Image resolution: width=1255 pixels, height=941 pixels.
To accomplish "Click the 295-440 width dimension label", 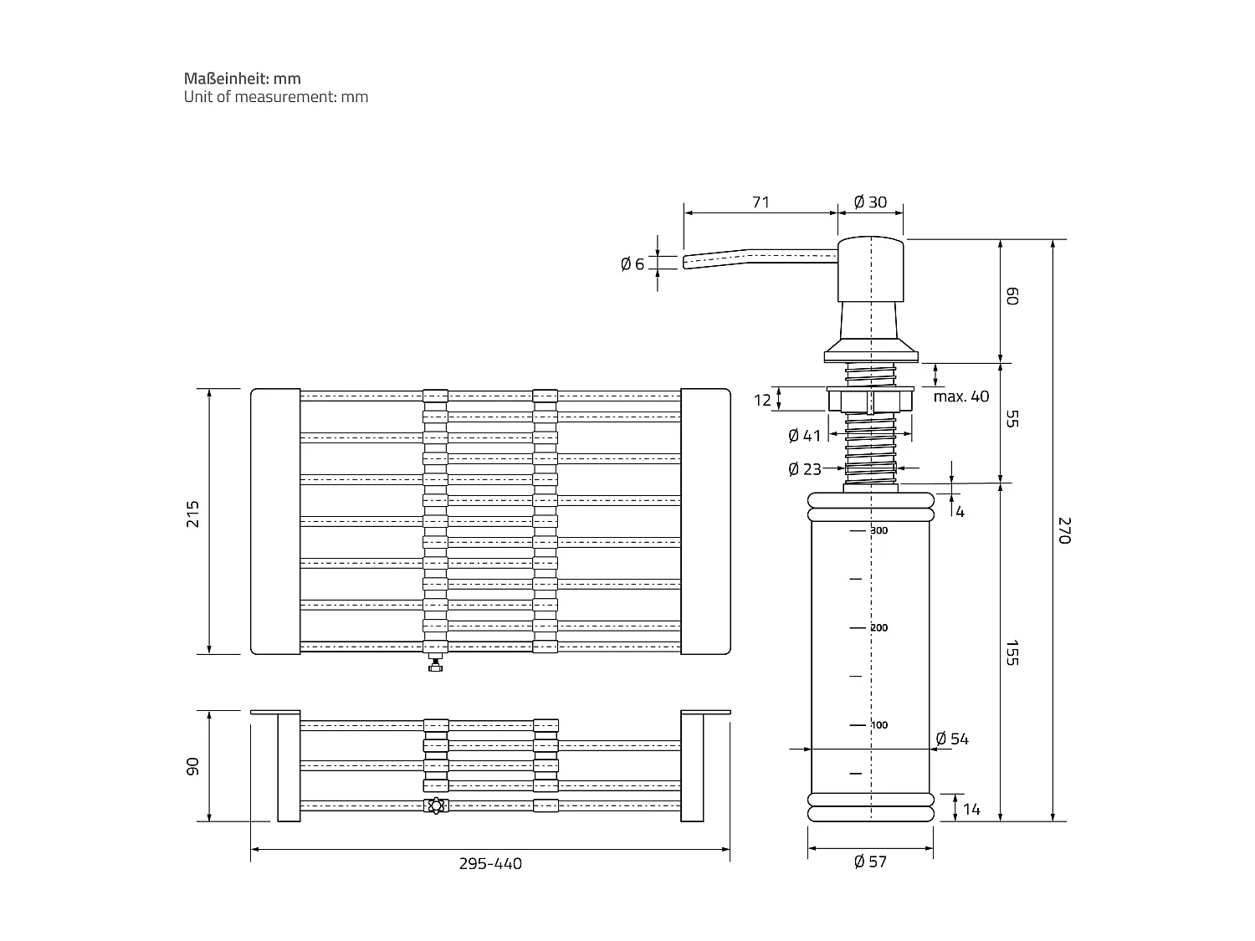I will (489, 863).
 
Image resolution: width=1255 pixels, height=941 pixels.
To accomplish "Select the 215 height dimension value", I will (194, 513).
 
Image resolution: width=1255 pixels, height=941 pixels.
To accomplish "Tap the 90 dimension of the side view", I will (194, 766).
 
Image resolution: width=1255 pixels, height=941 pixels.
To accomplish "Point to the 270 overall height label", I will (1064, 530).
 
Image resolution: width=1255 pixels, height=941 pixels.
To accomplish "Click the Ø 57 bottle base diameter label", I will (870, 862).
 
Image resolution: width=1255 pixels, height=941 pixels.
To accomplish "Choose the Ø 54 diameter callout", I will (952, 739).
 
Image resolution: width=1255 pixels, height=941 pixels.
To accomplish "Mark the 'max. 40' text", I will (960, 396).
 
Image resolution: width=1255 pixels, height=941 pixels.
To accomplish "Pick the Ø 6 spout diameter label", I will (633, 264).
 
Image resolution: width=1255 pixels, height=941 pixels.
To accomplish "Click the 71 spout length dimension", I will (760, 202).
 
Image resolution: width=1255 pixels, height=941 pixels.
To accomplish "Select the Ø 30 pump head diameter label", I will (870, 202).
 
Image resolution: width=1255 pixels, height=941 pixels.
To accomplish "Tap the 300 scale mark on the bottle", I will (878, 530).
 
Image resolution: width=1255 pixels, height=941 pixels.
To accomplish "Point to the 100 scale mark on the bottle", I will (878, 725).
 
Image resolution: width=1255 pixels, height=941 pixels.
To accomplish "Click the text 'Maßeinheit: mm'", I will (243, 79).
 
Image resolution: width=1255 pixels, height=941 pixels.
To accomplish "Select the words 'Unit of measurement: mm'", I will (276, 97).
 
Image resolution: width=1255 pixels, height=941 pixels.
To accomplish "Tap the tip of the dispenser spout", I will (687, 262).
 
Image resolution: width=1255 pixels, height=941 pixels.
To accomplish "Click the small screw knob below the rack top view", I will (435, 666).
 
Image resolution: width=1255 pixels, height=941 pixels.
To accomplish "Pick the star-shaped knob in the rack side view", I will (434, 806).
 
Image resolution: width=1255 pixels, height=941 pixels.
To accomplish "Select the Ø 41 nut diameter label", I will (805, 436).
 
